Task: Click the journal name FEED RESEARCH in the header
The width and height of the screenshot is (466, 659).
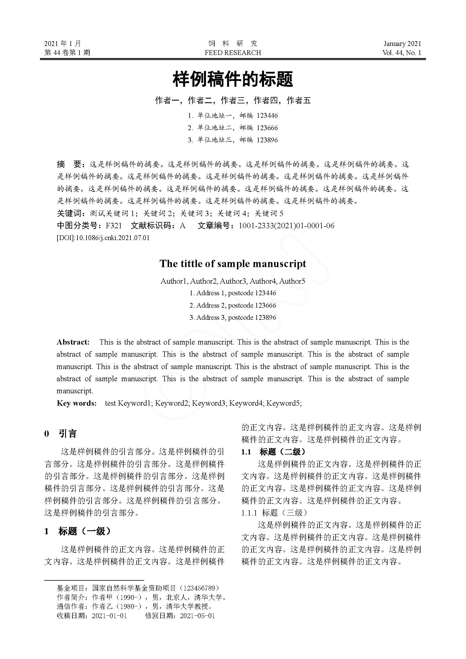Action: (233, 52)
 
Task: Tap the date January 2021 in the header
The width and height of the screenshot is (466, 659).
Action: (402, 44)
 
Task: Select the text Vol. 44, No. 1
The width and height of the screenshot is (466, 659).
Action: (401, 52)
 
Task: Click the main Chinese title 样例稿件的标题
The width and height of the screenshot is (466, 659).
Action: (233, 79)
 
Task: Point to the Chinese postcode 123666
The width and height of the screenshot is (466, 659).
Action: (267, 128)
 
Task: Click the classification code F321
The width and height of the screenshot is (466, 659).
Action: (114, 226)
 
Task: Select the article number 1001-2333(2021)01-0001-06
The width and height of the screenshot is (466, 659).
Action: (286, 226)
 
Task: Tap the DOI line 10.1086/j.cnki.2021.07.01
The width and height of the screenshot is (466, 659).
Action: (112, 238)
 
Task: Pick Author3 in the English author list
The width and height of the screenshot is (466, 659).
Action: (233, 281)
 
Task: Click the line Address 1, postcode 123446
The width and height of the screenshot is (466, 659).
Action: (233, 293)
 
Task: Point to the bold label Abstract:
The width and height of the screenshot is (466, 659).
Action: (73, 342)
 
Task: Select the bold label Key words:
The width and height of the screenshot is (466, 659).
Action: (77, 403)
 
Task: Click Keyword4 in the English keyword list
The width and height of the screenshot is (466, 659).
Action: (246, 403)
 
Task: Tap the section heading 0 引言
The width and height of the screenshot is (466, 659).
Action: (61, 433)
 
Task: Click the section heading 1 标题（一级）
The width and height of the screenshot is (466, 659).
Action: (77, 531)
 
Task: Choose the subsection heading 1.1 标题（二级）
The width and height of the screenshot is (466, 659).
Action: (274, 452)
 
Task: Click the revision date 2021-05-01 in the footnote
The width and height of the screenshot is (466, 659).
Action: (197, 616)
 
